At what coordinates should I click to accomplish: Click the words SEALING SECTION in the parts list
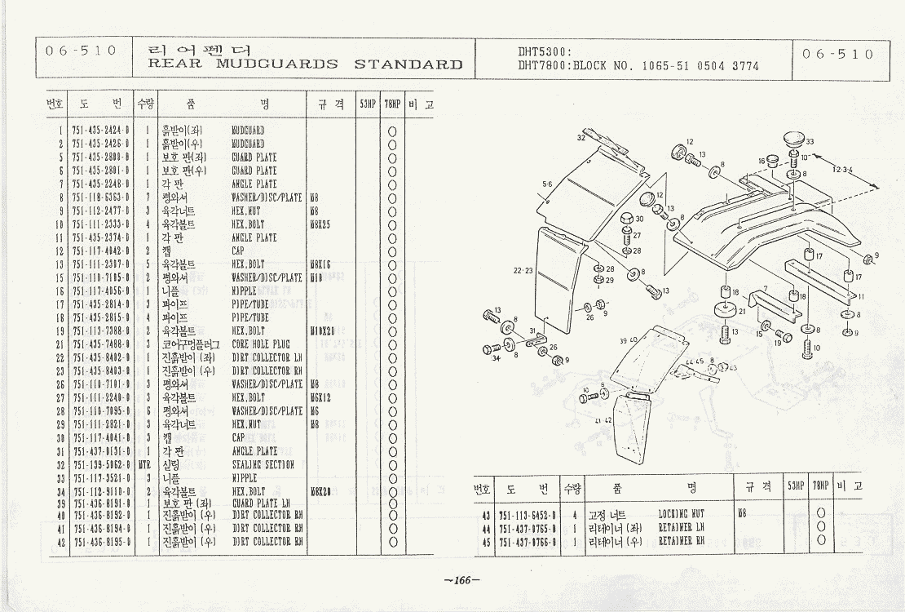[x=263, y=465]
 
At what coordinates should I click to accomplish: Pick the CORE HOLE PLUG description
[x=260, y=344]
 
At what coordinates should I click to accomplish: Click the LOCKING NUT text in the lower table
[x=682, y=515]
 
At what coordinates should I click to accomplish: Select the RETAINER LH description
[x=681, y=528]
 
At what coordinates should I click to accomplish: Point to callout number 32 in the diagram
[x=581, y=138]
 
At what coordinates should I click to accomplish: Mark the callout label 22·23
[x=523, y=271]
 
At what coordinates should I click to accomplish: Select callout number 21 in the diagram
[x=742, y=311]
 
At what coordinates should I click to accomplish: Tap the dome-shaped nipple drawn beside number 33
[x=792, y=140]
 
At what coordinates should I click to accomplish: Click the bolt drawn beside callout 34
[x=492, y=349]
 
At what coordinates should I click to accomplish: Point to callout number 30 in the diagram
[x=639, y=219]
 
